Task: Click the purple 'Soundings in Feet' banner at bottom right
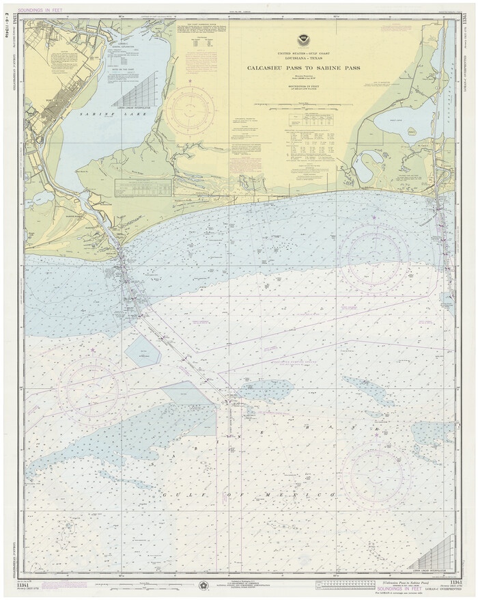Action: (408, 586)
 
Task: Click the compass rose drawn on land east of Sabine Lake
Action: (189, 109)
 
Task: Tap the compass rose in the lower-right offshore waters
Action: (376, 474)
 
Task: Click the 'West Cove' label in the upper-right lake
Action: (414, 128)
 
